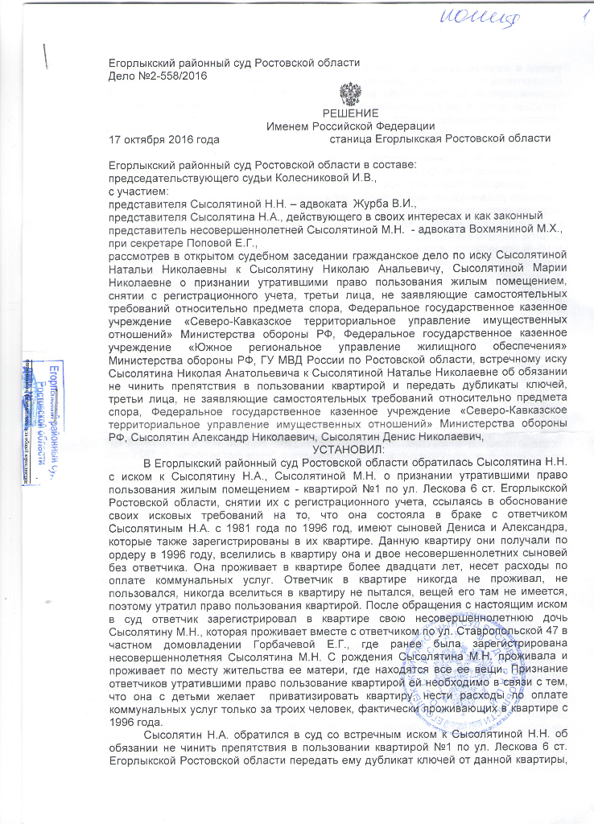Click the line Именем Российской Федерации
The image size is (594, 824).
pyautogui.click(x=351, y=126)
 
